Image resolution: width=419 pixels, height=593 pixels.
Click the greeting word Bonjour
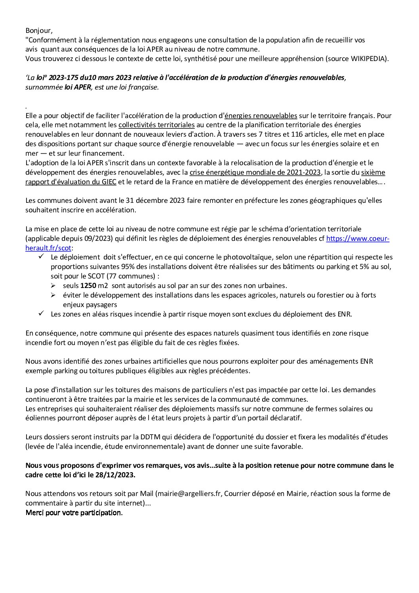click(x=38, y=31)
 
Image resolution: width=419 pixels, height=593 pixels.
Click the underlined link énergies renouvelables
click(x=261, y=116)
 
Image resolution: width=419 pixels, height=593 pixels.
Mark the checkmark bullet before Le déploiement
click(x=41, y=257)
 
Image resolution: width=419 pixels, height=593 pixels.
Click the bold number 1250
click(x=88, y=286)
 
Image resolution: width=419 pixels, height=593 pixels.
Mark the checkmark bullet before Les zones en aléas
click(x=41, y=314)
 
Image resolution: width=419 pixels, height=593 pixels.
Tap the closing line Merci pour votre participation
click(x=74, y=513)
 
